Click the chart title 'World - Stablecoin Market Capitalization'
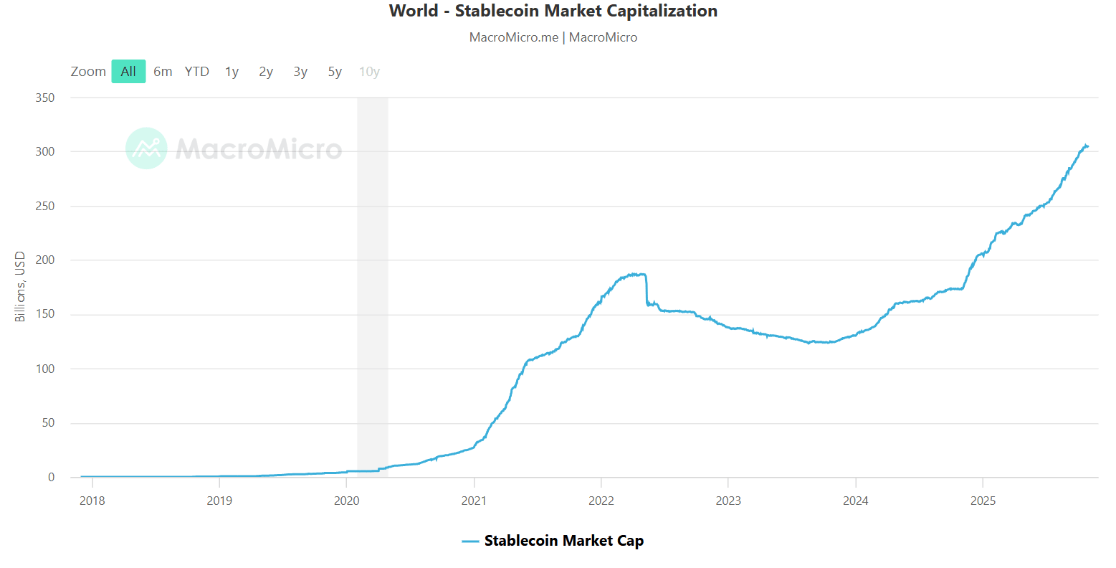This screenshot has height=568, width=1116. (553, 11)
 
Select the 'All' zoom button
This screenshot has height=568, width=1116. (128, 72)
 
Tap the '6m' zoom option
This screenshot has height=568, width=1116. (163, 72)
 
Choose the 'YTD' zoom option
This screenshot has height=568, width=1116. (196, 72)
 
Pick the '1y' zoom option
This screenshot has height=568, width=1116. (232, 72)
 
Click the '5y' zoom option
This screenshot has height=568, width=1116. (335, 72)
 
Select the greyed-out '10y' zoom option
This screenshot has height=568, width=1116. (369, 72)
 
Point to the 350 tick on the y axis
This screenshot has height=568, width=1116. (45, 98)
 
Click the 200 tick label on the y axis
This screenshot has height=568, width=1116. (45, 260)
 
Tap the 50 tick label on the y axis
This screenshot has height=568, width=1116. (48, 423)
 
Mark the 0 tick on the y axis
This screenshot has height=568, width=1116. (51, 478)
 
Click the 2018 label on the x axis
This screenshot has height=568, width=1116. (92, 501)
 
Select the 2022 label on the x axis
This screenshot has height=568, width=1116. (601, 501)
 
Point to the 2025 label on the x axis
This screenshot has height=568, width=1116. (983, 501)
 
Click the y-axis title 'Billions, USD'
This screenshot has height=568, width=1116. (20, 287)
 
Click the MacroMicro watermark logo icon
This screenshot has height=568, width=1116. (146, 148)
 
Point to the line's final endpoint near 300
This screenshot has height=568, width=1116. (1087, 146)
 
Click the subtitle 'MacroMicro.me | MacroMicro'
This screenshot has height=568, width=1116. (553, 37)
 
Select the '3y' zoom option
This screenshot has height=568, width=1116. (300, 72)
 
